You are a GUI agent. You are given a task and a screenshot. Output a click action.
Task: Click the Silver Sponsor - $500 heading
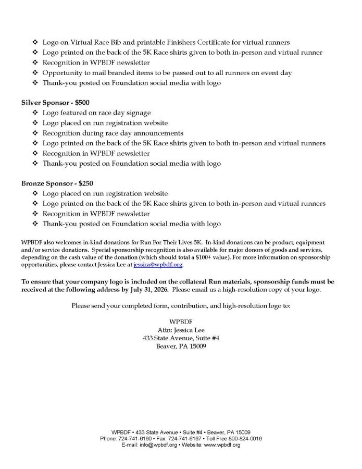(x=52, y=103)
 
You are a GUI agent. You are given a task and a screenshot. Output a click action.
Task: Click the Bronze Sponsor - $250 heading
(x=54, y=183)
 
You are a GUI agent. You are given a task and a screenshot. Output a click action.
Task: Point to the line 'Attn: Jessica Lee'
(x=181, y=329)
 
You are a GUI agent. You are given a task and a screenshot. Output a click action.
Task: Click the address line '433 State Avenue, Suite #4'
(x=181, y=338)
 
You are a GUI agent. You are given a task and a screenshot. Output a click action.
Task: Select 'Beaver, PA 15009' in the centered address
(x=181, y=346)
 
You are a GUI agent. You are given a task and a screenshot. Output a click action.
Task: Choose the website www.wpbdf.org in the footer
(x=224, y=445)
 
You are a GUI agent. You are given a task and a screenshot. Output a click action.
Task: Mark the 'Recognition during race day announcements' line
(x=113, y=133)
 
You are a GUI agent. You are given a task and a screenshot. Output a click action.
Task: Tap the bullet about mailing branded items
(x=174, y=72)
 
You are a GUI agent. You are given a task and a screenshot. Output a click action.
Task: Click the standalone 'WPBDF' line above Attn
(x=181, y=321)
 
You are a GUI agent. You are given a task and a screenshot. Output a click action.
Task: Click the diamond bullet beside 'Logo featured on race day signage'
(x=35, y=113)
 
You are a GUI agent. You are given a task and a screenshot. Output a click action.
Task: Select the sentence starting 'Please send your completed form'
(x=181, y=305)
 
